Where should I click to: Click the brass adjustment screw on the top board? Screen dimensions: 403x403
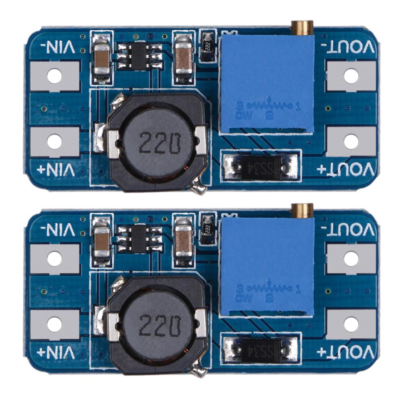pos(302,28)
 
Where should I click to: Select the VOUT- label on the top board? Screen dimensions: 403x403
pos(349,48)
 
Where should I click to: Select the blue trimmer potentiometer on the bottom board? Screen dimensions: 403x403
pos(267,266)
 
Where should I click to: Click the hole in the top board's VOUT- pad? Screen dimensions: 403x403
pos(351,75)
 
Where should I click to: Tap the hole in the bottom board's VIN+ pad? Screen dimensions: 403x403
pos(54,324)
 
